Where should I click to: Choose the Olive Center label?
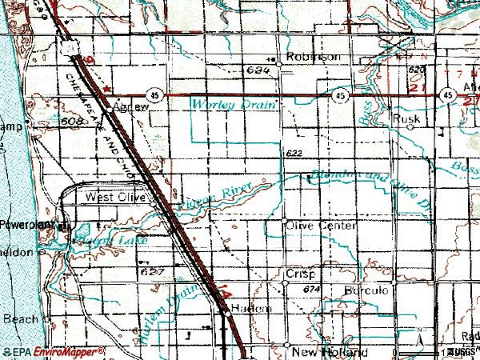pos(320,226)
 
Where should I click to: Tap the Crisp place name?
pos(302,273)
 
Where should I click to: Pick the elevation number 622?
pos(292,152)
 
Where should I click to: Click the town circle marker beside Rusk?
pos(412,126)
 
